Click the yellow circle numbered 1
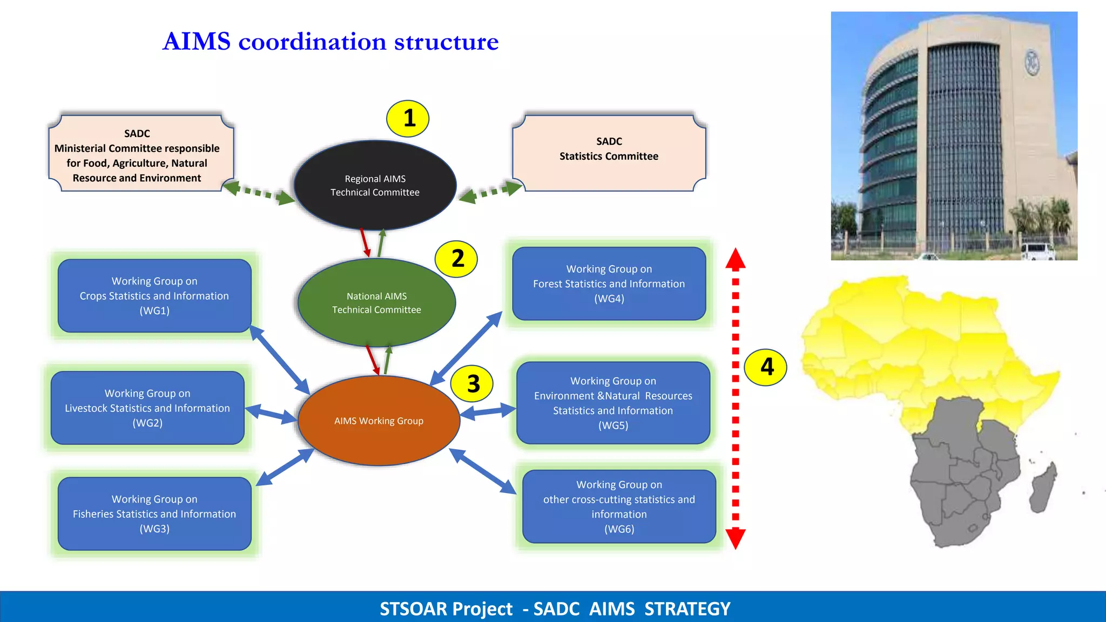(408, 118)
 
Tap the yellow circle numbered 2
(456, 259)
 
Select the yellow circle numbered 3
(473, 384)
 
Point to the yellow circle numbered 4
(766, 367)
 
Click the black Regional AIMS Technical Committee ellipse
(375, 185)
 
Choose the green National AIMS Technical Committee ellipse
(376, 303)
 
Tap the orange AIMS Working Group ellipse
(379, 421)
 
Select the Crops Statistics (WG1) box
(154, 296)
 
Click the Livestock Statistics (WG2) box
(147, 408)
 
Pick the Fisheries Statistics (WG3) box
(154, 514)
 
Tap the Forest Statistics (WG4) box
(609, 284)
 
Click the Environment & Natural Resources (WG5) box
(613, 403)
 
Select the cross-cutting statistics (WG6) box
(619, 506)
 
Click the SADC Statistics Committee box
(609, 153)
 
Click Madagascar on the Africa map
(1043, 489)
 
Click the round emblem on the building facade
(1032, 63)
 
